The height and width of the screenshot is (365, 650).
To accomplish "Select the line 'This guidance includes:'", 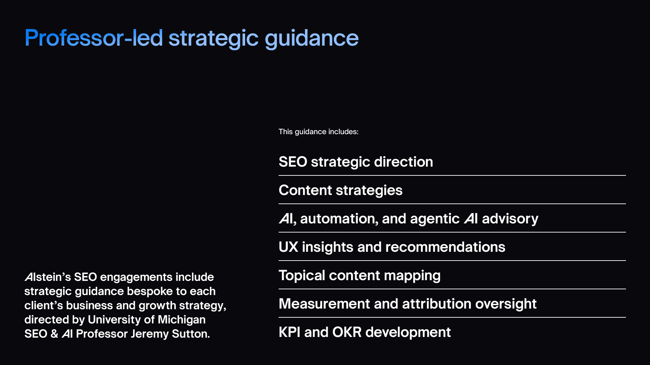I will click(x=318, y=132).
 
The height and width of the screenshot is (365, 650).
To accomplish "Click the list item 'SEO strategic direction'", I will click(x=355, y=162).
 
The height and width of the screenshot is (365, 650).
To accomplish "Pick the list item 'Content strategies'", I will click(x=340, y=190).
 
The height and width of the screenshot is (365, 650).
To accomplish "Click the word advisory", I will click(x=510, y=219).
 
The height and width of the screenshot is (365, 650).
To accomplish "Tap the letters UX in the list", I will click(x=288, y=247).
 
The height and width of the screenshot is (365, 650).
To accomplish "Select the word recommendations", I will click(x=445, y=247).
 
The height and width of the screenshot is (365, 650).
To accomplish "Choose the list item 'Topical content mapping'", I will click(x=359, y=275).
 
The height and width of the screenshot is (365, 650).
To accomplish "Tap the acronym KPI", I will click(x=289, y=332).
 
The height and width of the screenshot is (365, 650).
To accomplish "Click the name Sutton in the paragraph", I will click(x=191, y=334).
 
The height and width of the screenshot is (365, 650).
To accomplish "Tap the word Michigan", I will click(x=181, y=320).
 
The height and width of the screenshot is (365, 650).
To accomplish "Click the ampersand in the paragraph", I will click(x=54, y=334).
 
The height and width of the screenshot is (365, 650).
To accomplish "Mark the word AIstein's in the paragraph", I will click(x=47, y=277).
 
